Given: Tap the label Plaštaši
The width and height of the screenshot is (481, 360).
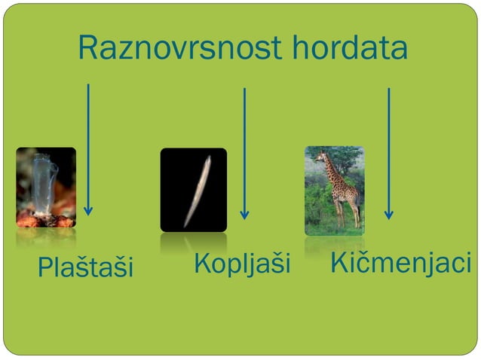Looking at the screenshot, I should pyautogui.click(x=85, y=266).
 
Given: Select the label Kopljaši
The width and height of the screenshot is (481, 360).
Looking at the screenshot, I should pyautogui.click(x=241, y=264).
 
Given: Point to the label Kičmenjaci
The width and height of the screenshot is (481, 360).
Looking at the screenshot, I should pyautogui.click(x=400, y=264).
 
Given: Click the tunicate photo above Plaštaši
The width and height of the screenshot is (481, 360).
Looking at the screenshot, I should pyautogui.click(x=46, y=188).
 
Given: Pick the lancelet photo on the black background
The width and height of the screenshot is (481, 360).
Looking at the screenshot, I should pyautogui.click(x=193, y=190).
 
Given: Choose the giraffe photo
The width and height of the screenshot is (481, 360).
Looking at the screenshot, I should pyautogui.click(x=334, y=190).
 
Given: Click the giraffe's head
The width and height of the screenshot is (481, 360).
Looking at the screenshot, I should pyautogui.click(x=321, y=157).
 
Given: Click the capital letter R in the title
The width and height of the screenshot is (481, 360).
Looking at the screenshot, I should pyautogui.click(x=88, y=49).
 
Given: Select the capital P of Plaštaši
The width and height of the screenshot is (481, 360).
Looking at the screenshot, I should pyautogui.click(x=44, y=266).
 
